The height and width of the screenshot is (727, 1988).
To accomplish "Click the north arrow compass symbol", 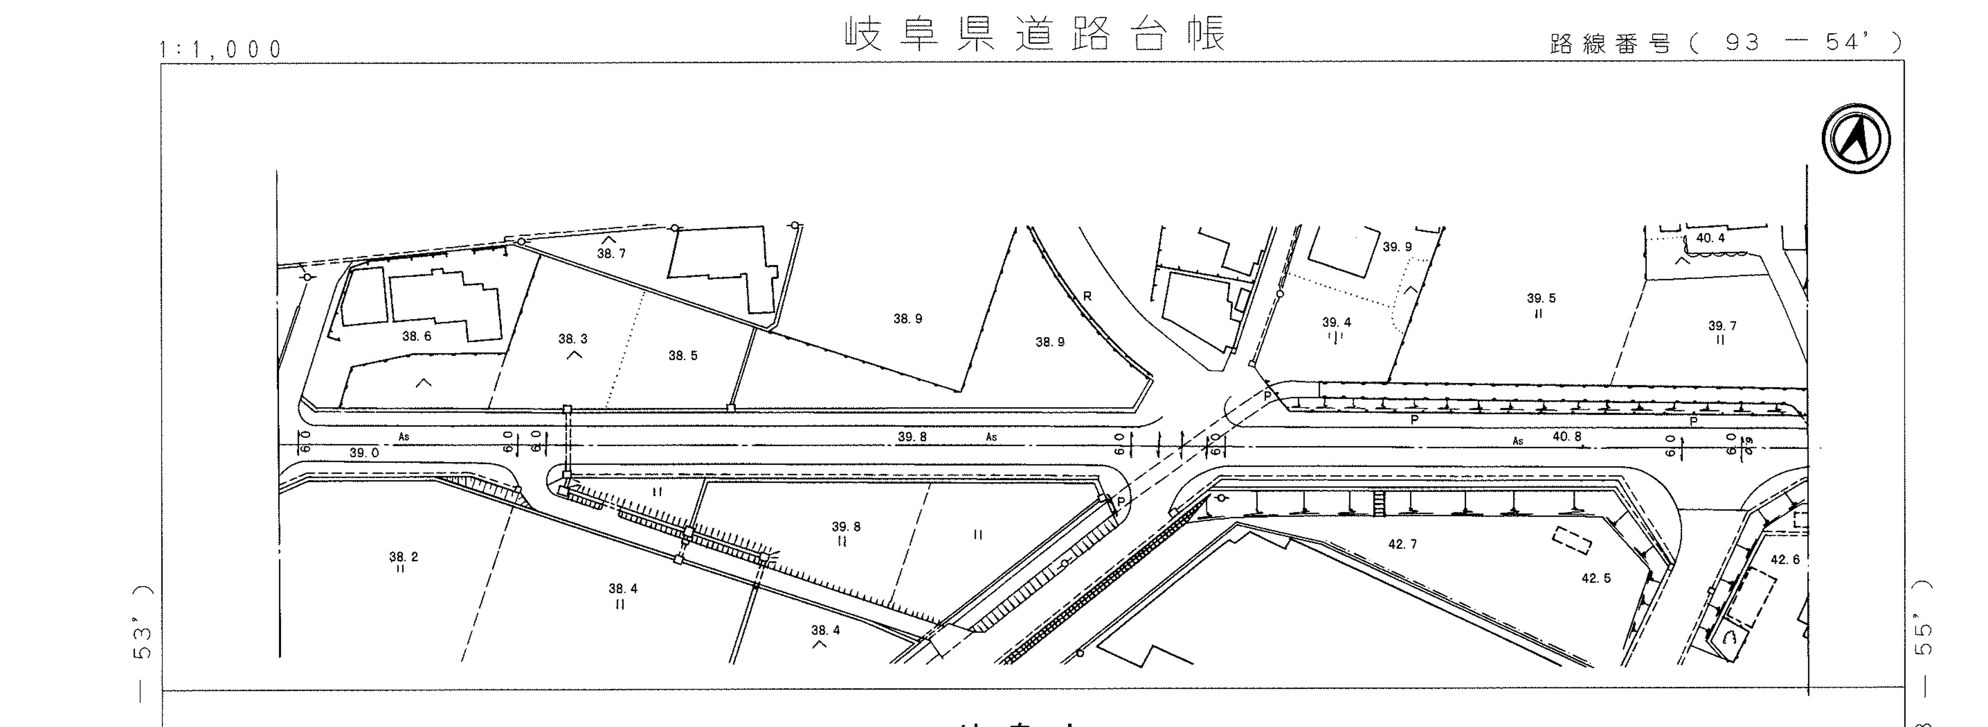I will [x=1856, y=139].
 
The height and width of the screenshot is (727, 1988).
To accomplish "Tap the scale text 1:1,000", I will [x=221, y=49].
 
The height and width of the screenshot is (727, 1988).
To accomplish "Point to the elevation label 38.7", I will [x=611, y=253].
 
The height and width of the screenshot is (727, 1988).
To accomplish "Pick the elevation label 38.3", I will [x=572, y=339].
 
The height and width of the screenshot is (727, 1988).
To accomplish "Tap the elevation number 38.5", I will [x=683, y=355].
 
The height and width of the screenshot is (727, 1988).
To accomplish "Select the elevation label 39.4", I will [x=1336, y=323].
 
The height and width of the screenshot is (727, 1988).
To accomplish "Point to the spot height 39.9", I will [x=1397, y=247].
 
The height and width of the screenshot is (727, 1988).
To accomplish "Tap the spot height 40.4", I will [x=1710, y=238].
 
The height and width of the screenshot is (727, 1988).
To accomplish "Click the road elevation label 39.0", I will [x=364, y=453].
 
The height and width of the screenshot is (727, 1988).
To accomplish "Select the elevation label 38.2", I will [x=404, y=556].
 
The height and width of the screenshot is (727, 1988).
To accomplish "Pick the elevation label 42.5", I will [x=1596, y=578].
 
